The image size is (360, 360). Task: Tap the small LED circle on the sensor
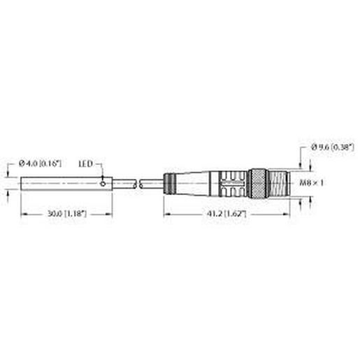tap(103, 185)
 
